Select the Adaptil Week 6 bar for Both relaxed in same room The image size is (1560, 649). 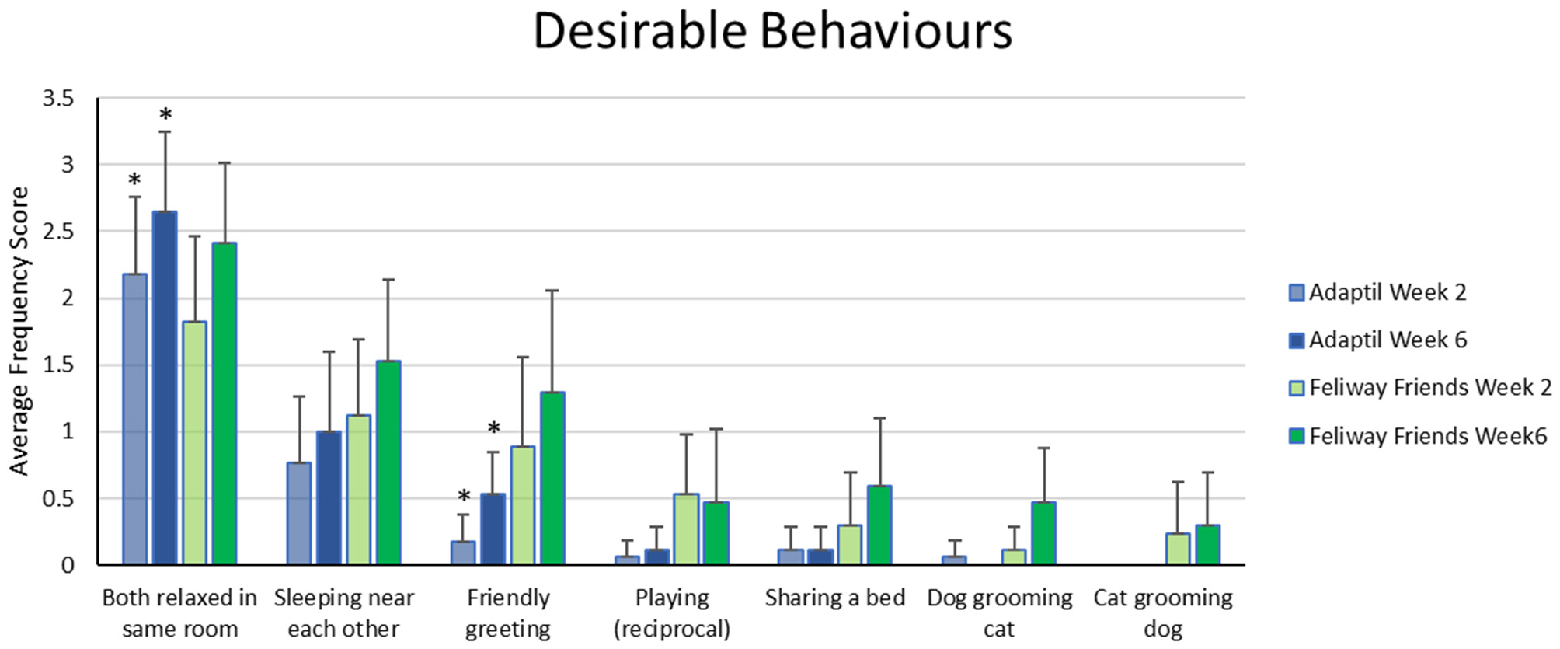click(165, 389)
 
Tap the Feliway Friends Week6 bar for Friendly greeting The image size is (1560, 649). click(552, 478)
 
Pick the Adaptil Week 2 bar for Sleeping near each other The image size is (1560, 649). click(299, 513)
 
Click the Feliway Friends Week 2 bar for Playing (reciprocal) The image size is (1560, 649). click(686, 529)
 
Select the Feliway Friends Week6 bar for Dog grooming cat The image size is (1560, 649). click(1043, 533)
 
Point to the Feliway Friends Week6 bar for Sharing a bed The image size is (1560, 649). click(879, 525)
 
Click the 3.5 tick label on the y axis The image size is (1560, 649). click(58, 99)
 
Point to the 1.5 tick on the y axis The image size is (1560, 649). click(58, 365)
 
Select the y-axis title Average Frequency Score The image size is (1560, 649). click(19, 330)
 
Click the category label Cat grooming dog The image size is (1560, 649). click(1162, 612)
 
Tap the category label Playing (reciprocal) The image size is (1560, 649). click(672, 612)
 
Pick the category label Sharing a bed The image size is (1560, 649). click(835, 598)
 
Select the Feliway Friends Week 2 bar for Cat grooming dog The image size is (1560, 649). click(1178, 549)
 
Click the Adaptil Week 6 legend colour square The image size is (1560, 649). click(1297, 340)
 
